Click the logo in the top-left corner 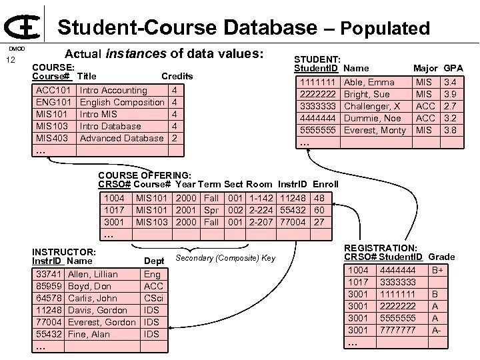[x=24, y=25]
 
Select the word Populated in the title [x=387, y=29]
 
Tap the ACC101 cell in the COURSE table [x=54, y=90]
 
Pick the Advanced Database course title [x=122, y=138]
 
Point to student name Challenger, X [x=372, y=106]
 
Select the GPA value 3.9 [x=450, y=94]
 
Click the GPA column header [x=453, y=68]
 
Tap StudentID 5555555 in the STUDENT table [x=317, y=130]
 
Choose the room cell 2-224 [x=261, y=210]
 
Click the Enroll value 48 [x=319, y=198]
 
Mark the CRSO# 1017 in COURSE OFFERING [x=114, y=210]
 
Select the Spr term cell [x=211, y=210]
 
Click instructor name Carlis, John [x=93, y=298]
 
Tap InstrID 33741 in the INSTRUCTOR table [x=49, y=274]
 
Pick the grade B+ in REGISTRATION [x=437, y=270]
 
